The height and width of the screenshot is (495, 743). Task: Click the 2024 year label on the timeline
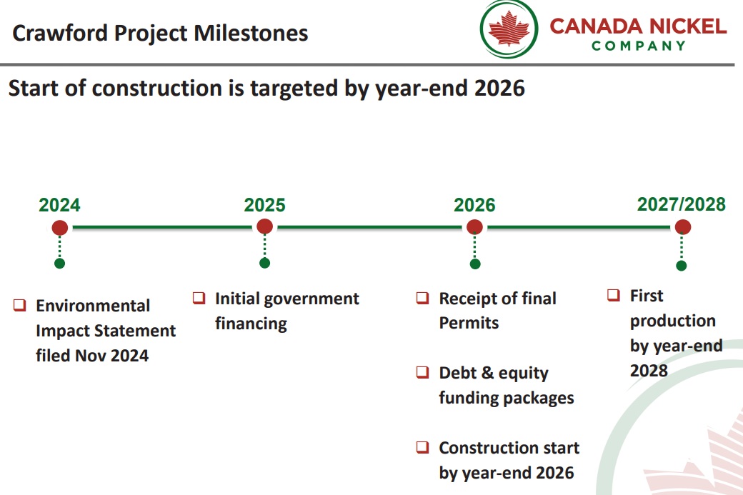coord(59,205)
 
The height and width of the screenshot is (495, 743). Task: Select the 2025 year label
coord(264,205)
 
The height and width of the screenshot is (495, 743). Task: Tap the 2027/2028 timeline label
coord(681,204)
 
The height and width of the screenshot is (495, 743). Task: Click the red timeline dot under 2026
coord(474,227)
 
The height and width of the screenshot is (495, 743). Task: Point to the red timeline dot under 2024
coord(60,228)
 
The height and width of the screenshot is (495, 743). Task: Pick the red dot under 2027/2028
coord(682,227)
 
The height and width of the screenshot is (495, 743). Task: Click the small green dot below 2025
coord(264,263)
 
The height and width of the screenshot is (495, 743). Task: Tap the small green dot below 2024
coord(59,264)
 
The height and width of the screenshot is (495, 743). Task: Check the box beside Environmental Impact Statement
coord(19,305)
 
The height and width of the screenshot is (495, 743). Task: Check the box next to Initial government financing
coord(199,298)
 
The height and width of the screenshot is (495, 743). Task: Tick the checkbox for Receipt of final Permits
coord(422,298)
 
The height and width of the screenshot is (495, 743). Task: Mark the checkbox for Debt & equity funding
coord(422,372)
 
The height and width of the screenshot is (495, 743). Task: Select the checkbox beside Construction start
coord(422,447)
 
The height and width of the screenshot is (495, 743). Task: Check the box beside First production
coord(614,295)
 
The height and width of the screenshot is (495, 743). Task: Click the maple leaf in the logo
coord(509,29)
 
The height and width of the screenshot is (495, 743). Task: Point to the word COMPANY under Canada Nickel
coord(638,46)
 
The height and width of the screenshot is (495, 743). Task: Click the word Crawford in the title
coord(60,33)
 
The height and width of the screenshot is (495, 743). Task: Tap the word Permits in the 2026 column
coord(469,323)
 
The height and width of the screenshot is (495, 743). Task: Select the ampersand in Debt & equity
coord(487,372)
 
